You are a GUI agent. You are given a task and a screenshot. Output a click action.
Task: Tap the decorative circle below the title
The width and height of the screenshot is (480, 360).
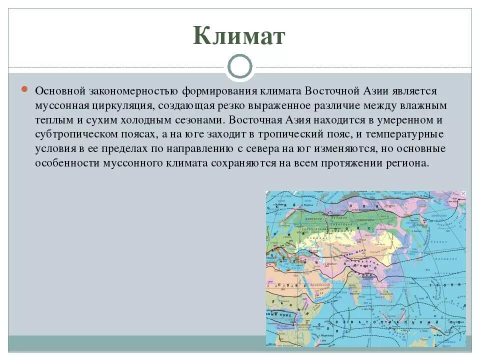(x=239, y=67)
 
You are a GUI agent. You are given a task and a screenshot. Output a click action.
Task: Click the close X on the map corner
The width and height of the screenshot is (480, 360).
(x=462, y=193)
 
